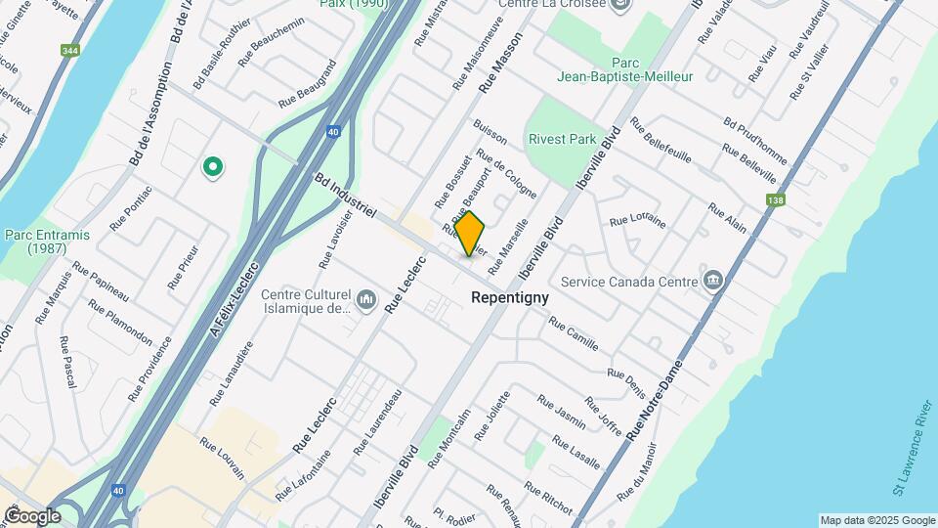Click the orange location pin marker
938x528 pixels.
pyautogui.click(x=470, y=234)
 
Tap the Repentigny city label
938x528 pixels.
pyautogui.click(x=509, y=297)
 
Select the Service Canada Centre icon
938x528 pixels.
pyautogui.click(x=713, y=282)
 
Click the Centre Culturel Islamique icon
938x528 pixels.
pyautogui.click(x=366, y=298)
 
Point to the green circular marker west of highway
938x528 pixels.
pyautogui.click(x=212, y=167)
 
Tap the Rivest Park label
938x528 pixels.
pyautogui.click(x=562, y=139)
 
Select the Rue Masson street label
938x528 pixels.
pyautogui.click(x=500, y=63)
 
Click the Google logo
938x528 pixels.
pyautogui.click(x=32, y=515)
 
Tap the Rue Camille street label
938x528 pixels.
pyautogui.click(x=573, y=333)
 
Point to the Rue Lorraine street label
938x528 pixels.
pyautogui.click(x=637, y=221)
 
